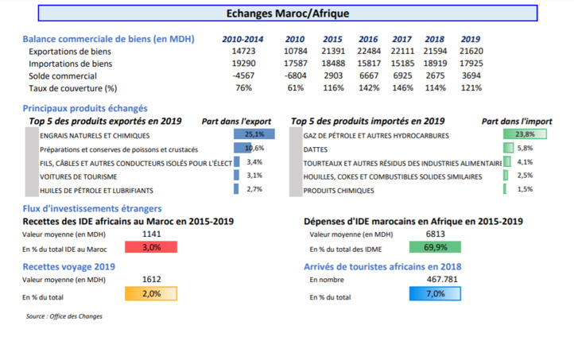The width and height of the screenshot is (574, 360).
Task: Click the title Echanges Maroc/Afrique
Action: pos(287,14)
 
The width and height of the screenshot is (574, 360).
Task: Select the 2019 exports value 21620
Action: pos(471,51)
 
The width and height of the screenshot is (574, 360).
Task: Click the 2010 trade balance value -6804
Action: pos(295,75)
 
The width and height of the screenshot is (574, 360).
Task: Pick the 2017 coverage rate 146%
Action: pos(403,88)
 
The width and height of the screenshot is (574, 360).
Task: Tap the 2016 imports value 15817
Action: pos(368,64)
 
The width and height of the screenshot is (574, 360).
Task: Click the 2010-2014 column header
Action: pos(242,39)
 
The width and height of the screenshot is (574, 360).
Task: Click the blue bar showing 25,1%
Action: pos(254,134)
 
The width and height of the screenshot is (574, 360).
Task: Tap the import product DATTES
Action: pos(316,149)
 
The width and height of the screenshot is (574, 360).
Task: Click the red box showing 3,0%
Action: pos(151,248)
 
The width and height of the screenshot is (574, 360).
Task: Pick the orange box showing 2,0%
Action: pos(151,294)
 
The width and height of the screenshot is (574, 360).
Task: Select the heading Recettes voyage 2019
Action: pos(69,267)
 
